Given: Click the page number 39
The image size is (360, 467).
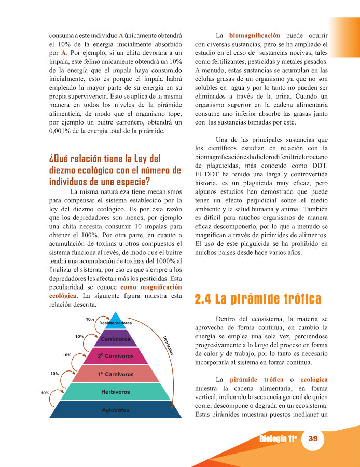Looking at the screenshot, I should [313, 438].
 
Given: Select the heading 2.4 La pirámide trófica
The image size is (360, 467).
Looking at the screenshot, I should [257, 299].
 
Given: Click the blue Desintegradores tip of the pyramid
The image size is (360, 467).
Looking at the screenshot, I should [115, 321].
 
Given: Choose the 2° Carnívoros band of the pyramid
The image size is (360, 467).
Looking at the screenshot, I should [115, 356].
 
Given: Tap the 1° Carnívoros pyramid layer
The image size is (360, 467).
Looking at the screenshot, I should [115, 374].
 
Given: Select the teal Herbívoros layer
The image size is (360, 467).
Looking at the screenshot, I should [115, 392].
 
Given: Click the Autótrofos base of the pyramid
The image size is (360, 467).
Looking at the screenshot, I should [115, 410].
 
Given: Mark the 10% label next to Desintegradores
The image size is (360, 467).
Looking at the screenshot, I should [90, 318].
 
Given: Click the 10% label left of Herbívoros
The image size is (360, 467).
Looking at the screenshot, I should [45, 393].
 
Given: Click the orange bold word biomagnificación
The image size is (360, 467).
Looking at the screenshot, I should [254, 35].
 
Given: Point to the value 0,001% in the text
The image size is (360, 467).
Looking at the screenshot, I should [56, 131].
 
